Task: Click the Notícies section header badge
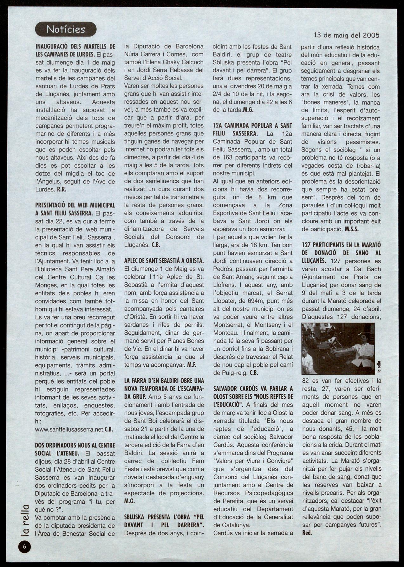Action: [x=66, y=29]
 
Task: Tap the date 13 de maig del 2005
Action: [x=347, y=35]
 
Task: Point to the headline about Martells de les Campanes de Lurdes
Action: [x=75, y=50]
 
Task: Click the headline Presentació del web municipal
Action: [x=75, y=209]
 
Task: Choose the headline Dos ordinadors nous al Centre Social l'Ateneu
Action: [x=75, y=449]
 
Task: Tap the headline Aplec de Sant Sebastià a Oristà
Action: [x=164, y=261]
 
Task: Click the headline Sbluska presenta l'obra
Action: [x=164, y=521]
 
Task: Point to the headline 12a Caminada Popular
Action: [x=252, y=130]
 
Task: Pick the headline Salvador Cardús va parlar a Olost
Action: [x=252, y=396]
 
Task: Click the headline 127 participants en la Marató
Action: [x=341, y=253]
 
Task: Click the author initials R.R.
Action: [x=61, y=190]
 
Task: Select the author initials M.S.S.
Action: [x=352, y=229]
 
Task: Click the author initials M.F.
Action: [x=192, y=365]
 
